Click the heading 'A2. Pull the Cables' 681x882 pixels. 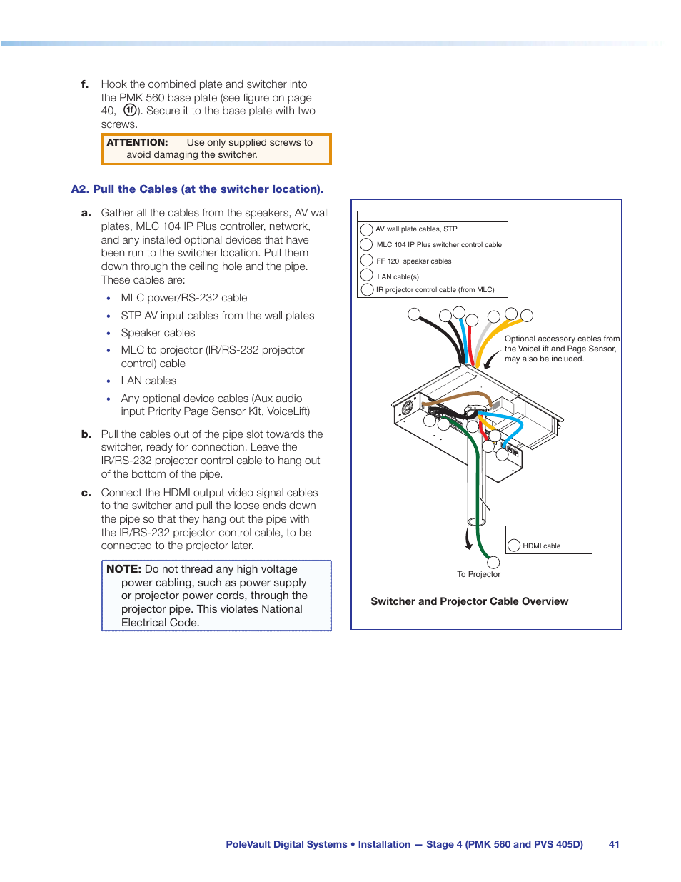tap(197, 189)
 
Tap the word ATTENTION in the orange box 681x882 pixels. tap(137, 143)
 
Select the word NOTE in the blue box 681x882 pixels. tap(123, 569)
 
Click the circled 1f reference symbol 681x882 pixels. tap(130, 111)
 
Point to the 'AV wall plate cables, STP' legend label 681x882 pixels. tap(416, 229)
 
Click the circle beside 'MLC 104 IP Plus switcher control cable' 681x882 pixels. tap(366, 245)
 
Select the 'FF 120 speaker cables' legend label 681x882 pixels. tap(413, 261)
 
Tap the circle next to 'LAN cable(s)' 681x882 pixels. tap(367, 275)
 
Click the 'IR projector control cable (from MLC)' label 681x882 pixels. tap(435, 290)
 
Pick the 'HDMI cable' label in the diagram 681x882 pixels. tap(541, 546)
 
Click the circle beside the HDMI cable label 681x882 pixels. tap(514, 546)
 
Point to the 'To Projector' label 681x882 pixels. tap(478, 574)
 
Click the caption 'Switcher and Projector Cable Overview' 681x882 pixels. tap(469, 601)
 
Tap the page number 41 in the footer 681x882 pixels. tap(614, 844)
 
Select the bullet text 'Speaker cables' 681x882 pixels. tap(158, 333)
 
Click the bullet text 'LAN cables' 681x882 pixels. tap(148, 381)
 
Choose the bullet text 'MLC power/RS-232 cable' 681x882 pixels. tap(184, 298)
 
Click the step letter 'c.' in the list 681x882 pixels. tap(86, 493)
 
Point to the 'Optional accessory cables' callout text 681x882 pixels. tap(562, 349)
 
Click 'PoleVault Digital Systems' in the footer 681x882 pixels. tap(286, 844)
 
